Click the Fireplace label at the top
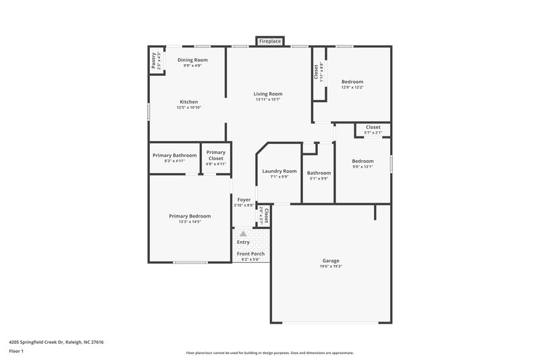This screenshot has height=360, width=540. pos(270,42)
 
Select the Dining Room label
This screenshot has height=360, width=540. pos(192,60)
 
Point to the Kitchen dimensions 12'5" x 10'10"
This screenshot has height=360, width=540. pos(189,107)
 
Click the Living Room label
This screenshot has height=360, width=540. pos(268,94)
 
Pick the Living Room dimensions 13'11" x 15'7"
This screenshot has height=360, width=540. pos(268,100)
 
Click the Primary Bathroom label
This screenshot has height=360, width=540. pos(174,155)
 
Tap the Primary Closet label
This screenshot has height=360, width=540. pos(216,155)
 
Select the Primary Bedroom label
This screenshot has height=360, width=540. pos(190,216)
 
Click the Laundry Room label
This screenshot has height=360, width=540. pos(279,172)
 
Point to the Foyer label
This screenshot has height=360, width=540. pos(244,200)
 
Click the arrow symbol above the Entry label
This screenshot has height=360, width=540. pos(243,233)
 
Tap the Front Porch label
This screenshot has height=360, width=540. pos(250,254)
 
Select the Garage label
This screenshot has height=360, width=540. pos(331,261)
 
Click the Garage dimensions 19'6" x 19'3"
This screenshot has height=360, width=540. pos(331,267)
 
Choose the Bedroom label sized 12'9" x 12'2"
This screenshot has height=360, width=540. pos(352,82)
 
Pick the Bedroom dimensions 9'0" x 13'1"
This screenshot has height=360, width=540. pos(362,167)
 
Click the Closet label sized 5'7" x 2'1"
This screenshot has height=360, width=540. pos(373,127)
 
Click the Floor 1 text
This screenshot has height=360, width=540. pos(16,352)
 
